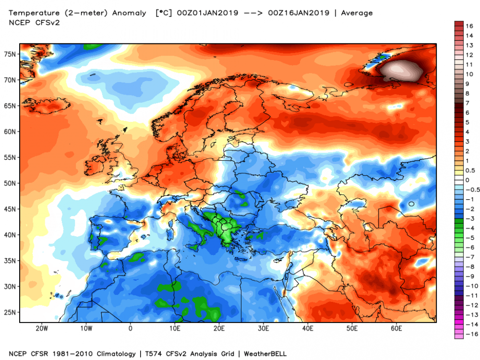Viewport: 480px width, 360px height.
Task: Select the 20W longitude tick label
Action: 42,328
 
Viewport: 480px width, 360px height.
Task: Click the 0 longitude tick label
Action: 131,328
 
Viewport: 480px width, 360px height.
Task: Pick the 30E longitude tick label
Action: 264,328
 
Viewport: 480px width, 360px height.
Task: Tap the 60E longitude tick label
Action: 396,328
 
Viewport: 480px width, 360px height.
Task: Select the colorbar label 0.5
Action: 470,170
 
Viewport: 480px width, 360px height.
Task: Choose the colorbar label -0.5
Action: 471,190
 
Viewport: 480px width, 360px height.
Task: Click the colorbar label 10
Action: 469,74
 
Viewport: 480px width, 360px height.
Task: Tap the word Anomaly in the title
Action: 129,13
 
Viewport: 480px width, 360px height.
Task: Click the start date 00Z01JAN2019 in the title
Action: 208,13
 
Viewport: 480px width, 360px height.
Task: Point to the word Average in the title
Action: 357,13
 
